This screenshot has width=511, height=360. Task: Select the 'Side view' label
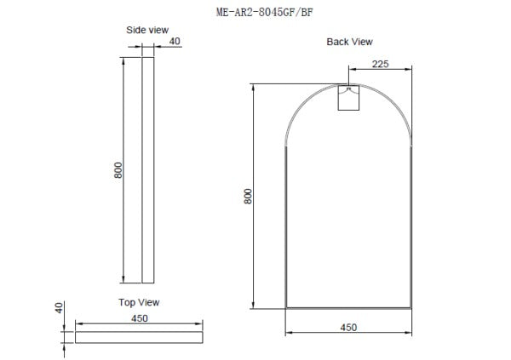click(x=147, y=30)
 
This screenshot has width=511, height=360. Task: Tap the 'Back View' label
click(x=349, y=42)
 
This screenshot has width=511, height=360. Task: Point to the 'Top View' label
click(x=139, y=302)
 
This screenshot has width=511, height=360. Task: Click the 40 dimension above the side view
click(x=175, y=41)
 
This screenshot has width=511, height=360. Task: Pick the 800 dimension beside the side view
click(x=118, y=170)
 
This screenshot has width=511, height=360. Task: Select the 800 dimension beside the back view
click(x=248, y=196)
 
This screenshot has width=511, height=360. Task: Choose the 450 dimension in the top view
click(x=139, y=317)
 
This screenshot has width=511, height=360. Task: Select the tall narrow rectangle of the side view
click(x=147, y=170)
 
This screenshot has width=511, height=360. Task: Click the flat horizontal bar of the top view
click(x=139, y=337)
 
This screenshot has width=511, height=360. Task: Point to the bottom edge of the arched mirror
click(x=348, y=307)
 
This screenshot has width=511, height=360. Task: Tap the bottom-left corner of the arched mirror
click(x=285, y=307)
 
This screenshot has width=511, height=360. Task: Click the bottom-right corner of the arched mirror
click(x=411, y=307)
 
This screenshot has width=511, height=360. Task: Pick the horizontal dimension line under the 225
click(x=381, y=69)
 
